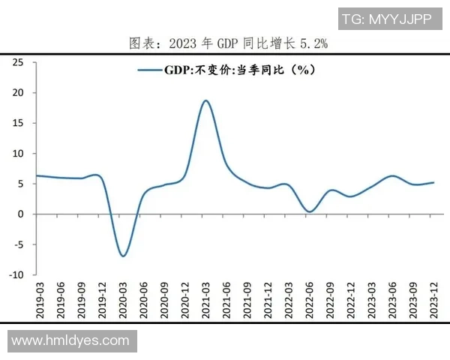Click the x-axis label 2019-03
click(41, 299)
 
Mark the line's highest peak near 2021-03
click(205, 100)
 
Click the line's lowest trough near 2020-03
click(123, 256)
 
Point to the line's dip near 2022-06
click(308, 211)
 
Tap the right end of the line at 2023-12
click(433, 182)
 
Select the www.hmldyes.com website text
click(70, 340)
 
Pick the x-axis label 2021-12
click(266, 299)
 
